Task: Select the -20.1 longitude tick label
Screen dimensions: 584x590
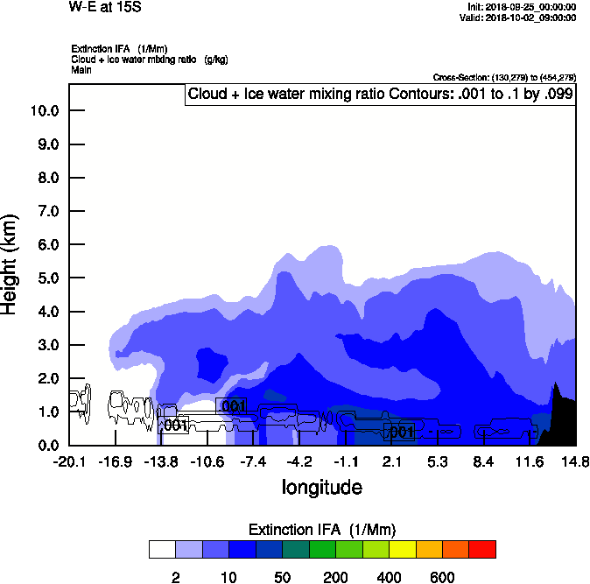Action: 69,462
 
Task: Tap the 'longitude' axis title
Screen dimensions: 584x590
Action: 321,487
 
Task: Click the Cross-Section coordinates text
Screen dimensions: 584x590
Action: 504,77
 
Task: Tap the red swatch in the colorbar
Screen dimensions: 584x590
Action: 482,549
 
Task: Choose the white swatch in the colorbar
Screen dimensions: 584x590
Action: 162,549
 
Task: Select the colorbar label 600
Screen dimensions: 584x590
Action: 442,577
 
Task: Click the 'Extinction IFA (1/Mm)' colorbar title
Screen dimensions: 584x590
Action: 322,530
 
